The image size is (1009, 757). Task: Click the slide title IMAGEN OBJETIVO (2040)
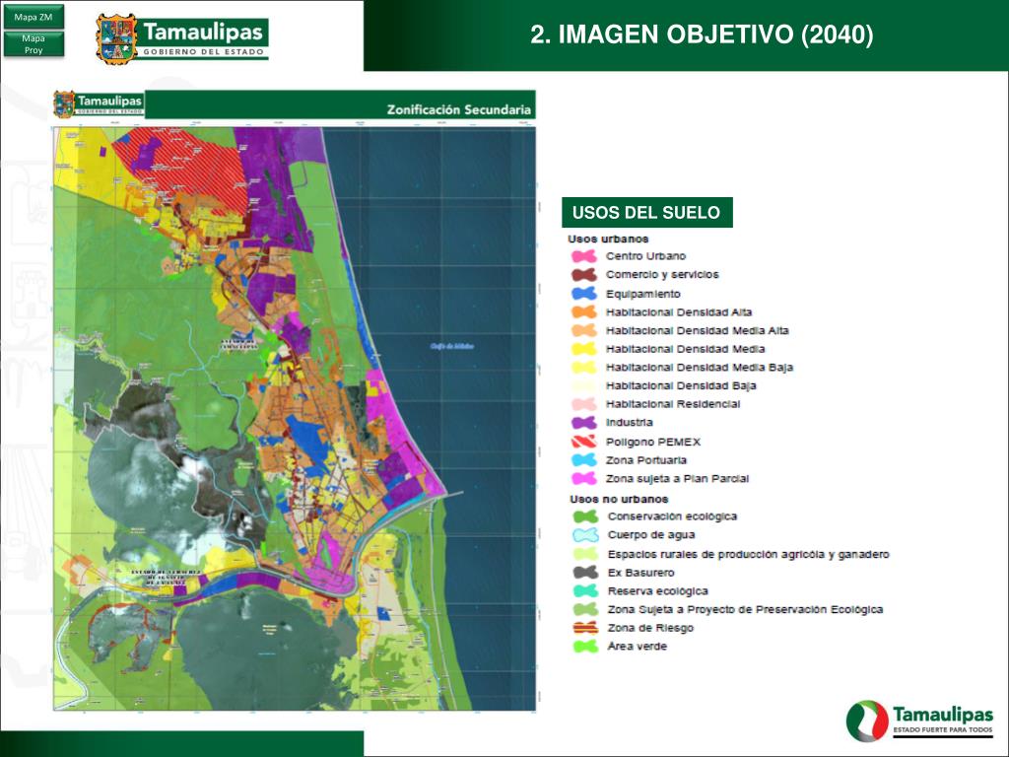(702, 35)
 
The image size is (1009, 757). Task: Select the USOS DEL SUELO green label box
(646, 212)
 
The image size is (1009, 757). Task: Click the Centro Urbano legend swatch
(584, 256)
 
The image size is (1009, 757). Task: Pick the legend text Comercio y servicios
(662, 275)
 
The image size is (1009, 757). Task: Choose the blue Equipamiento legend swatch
(584, 294)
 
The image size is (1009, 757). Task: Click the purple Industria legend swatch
(584, 423)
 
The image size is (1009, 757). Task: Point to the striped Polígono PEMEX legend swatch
(584, 442)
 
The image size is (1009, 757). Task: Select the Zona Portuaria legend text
(646, 460)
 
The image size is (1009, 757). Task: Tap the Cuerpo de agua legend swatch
(585, 535)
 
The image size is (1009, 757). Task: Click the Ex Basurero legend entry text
(641, 572)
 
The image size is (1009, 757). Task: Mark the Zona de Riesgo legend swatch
(585, 628)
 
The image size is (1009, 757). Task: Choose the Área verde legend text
(638, 647)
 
